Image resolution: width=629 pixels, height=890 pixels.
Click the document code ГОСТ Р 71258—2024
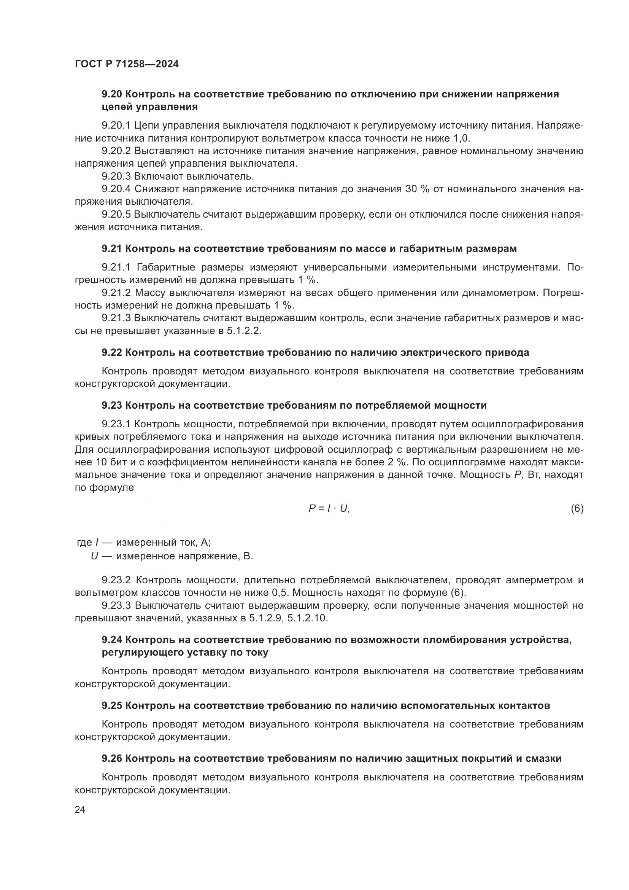click(127, 64)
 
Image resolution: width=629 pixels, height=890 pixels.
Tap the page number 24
click(80, 809)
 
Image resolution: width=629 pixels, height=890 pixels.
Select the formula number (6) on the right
click(577, 509)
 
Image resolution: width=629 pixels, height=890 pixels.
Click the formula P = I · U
click(329, 509)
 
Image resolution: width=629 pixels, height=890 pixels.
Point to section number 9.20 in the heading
click(112, 94)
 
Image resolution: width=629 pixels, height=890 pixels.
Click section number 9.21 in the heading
click(112, 249)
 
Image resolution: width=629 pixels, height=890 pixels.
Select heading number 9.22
click(112, 352)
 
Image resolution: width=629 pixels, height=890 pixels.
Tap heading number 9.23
click(112, 406)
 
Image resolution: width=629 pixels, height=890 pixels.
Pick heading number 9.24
click(112, 640)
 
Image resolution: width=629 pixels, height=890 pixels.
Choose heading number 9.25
click(112, 705)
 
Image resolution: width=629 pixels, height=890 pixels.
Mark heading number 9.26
click(112, 759)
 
